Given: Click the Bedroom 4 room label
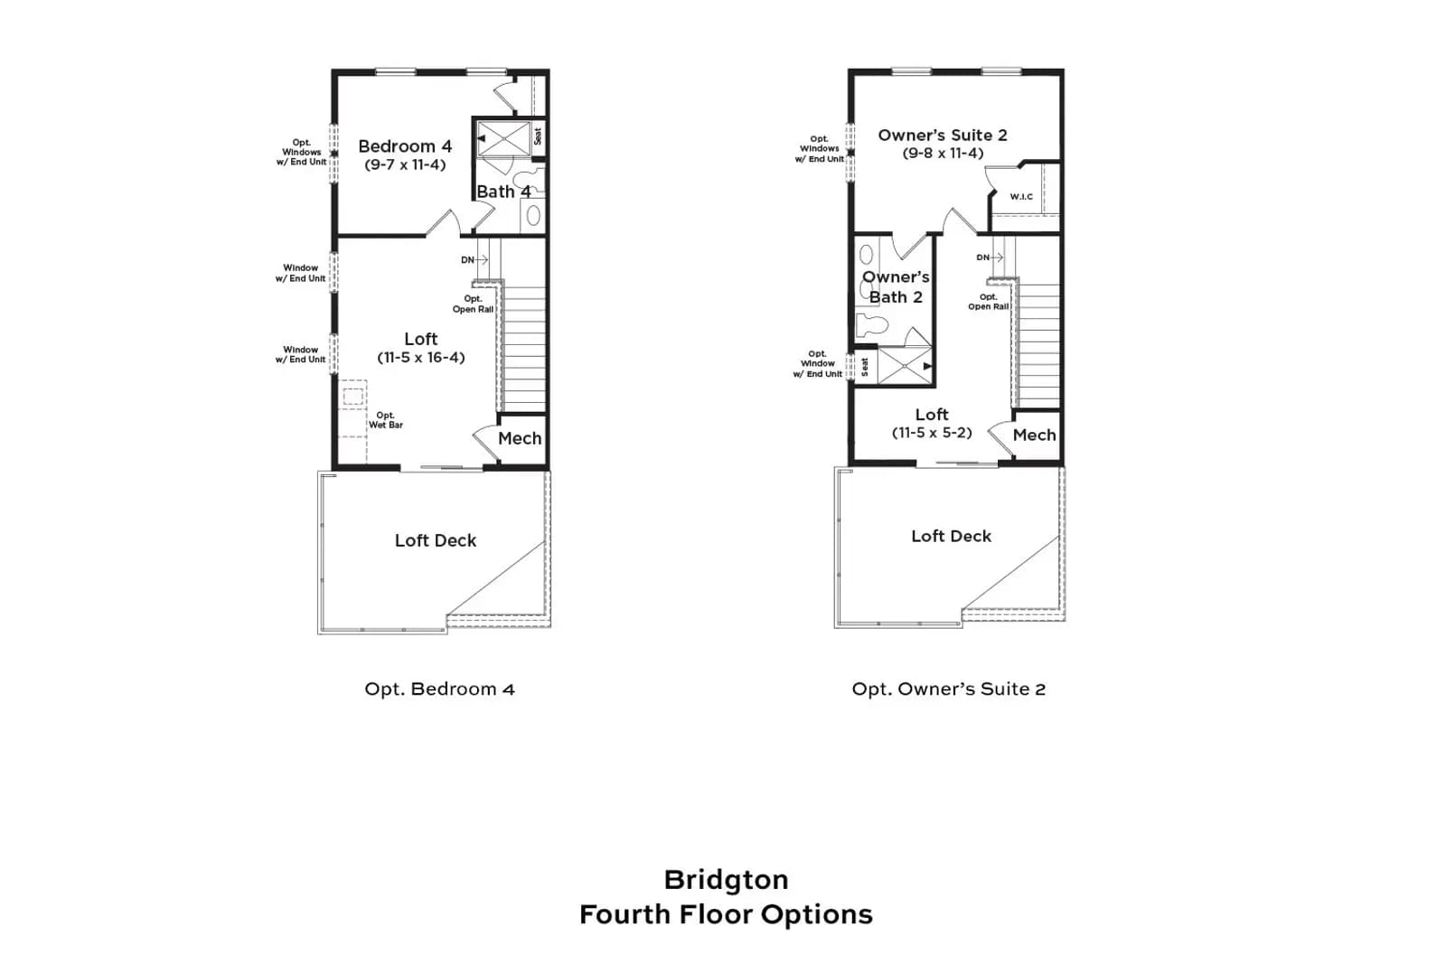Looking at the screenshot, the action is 405,146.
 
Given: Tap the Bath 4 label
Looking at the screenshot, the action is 503,192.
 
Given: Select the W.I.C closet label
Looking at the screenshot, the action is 1021,196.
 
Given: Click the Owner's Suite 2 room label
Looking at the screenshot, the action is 943,135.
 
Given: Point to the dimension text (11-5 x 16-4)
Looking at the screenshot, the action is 421,358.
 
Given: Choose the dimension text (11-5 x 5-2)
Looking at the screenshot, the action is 932,433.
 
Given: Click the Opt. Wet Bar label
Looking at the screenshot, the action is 385,420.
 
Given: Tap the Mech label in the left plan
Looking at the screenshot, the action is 520,438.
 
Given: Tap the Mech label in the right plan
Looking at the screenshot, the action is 1034,435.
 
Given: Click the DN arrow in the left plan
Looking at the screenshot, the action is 482,259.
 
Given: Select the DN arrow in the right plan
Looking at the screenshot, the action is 997,257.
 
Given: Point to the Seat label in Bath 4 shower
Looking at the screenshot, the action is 537,136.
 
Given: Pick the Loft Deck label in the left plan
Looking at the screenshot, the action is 435,540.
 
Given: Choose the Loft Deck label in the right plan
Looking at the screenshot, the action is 951,536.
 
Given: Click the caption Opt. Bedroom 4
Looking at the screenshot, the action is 439,689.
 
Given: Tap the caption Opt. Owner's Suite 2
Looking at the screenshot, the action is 948,689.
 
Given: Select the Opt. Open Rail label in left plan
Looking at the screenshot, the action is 474,304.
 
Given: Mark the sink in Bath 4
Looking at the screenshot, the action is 533,216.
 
